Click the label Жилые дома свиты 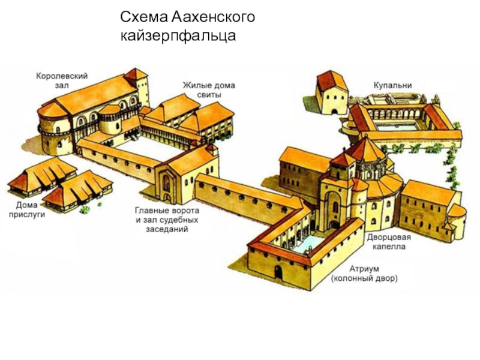(x=209, y=89)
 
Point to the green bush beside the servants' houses (x=86, y=209)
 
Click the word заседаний (x=167, y=229)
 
